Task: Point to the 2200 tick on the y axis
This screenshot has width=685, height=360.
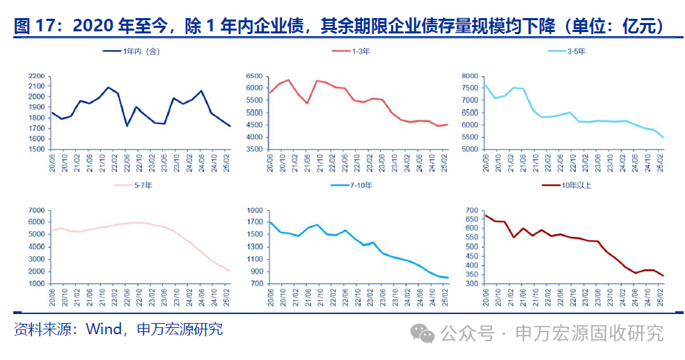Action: coord(36,77)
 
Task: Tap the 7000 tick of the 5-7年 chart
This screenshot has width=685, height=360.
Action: coord(36,211)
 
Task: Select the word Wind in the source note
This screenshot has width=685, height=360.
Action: coord(103,329)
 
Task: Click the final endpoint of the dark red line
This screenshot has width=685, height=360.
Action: coord(663,276)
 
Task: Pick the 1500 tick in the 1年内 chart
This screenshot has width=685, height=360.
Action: coord(36,150)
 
